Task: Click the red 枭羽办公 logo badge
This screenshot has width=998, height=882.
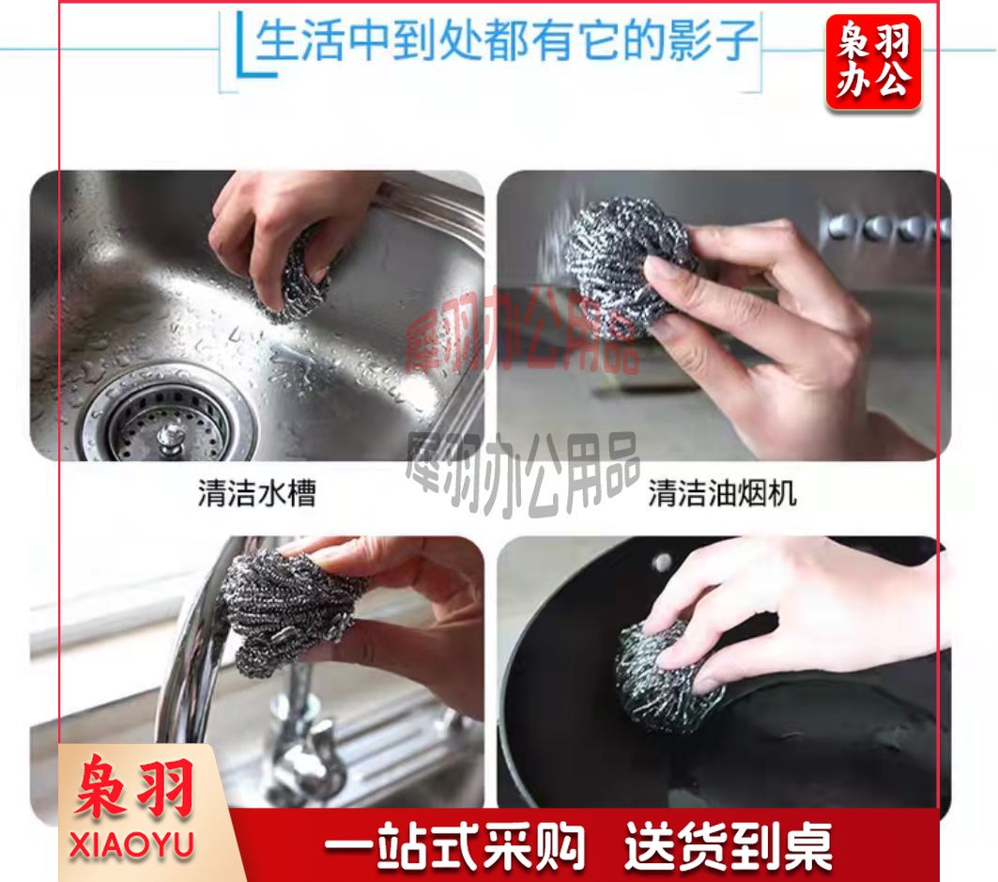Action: click(873, 62)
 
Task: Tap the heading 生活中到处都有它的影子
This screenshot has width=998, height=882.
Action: click(506, 40)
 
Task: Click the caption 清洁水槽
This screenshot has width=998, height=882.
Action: click(257, 493)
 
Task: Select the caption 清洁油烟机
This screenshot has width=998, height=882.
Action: click(722, 493)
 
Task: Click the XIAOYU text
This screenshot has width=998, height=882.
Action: click(131, 845)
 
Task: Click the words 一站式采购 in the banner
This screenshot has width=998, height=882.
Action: click(455, 845)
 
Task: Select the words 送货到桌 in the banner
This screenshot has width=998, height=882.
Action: click(729, 845)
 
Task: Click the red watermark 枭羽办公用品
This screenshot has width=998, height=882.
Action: click(522, 332)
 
